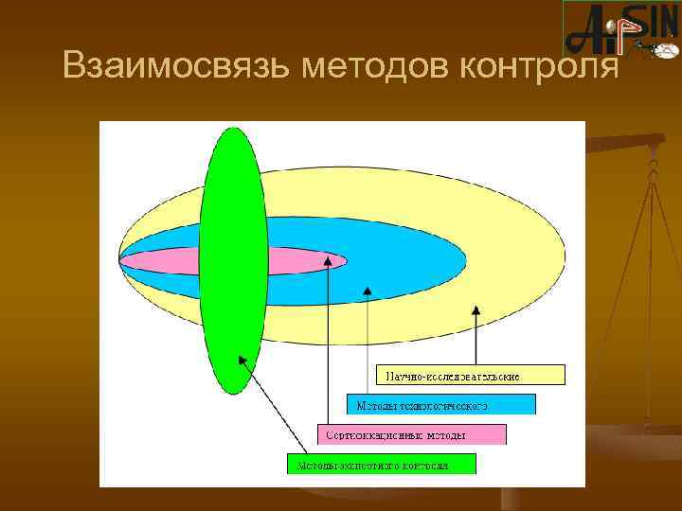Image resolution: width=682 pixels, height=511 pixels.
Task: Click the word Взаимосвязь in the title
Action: pos(177,66)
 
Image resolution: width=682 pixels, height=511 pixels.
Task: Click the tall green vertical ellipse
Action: pos(233,260)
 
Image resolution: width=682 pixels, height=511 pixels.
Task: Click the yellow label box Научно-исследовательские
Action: pos(471,376)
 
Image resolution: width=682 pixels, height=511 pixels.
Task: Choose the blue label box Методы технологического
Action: pos(440,405)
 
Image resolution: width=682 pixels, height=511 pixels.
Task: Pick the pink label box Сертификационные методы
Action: pos(411,435)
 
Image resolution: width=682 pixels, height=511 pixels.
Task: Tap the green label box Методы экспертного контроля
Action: pos(381,465)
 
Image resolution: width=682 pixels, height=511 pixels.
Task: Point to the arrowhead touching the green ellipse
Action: pos(242,360)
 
